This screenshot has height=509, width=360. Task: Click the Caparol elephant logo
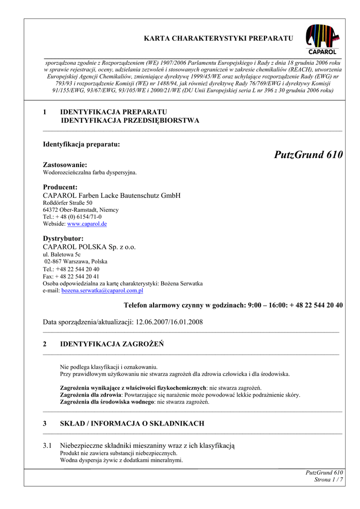click(323, 39)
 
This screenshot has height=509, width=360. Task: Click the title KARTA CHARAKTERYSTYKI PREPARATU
click(218, 38)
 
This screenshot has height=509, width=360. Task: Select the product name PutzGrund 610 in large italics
click(308, 155)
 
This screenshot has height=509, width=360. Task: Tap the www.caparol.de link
click(87, 224)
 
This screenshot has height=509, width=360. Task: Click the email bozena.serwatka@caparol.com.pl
click(102, 290)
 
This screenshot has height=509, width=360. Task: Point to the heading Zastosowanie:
click(65, 165)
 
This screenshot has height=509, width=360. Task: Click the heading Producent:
click(60, 187)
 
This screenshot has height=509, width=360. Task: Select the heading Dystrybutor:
click(63, 239)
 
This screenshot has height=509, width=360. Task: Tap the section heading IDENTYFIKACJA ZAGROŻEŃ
click(112, 344)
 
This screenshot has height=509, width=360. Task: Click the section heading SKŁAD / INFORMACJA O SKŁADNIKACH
click(132, 424)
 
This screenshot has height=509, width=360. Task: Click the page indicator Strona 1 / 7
click(329, 480)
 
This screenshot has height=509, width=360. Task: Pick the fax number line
click(71, 276)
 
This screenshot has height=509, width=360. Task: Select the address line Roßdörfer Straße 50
click(68, 203)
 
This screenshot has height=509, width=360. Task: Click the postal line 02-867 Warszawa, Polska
click(76, 261)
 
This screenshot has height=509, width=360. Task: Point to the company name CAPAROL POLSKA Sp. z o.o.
click(90, 247)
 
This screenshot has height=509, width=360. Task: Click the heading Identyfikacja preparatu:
click(82, 144)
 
